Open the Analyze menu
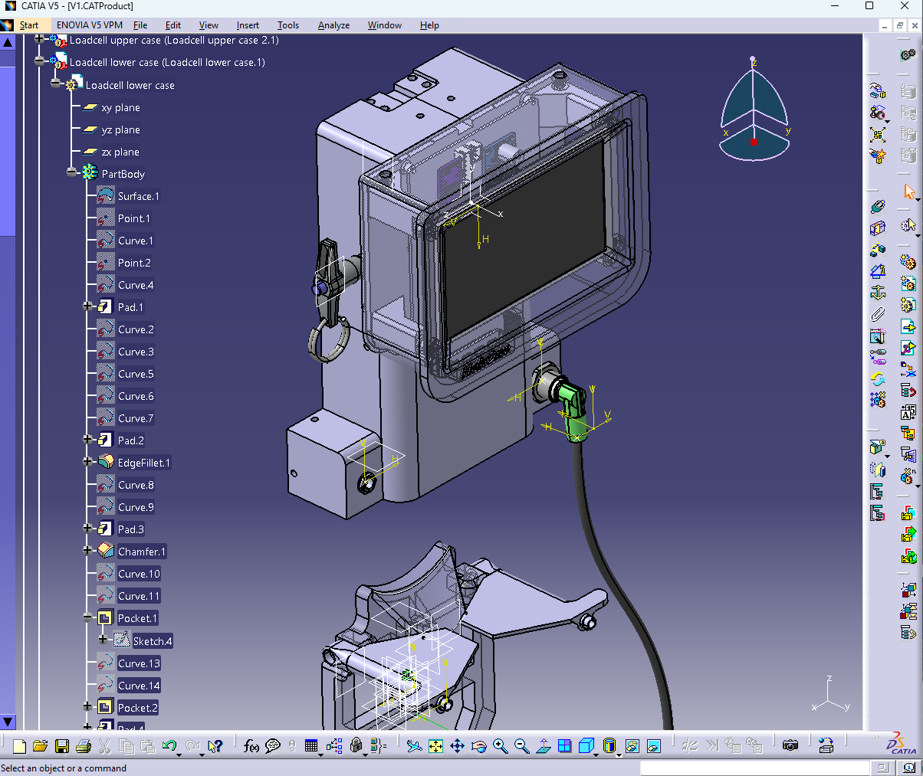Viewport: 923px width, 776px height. click(x=333, y=25)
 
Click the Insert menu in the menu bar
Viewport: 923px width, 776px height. click(x=248, y=25)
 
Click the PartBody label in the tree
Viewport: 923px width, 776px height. click(x=123, y=174)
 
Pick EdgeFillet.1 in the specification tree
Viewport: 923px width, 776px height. click(x=143, y=463)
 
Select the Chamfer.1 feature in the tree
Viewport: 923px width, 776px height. click(x=141, y=552)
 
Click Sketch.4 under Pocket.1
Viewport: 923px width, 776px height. click(x=153, y=641)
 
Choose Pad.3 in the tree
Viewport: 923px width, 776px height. click(x=130, y=529)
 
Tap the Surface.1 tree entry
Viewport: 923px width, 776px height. click(x=138, y=196)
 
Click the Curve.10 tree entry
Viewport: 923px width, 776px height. click(x=139, y=574)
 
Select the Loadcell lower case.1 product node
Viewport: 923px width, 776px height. click(x=167, y=63)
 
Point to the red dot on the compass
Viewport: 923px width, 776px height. click(x=754, y=142)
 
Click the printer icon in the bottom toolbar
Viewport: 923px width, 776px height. click(x=84, y=745)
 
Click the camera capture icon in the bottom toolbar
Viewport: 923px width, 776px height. click(x=790, y=745)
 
